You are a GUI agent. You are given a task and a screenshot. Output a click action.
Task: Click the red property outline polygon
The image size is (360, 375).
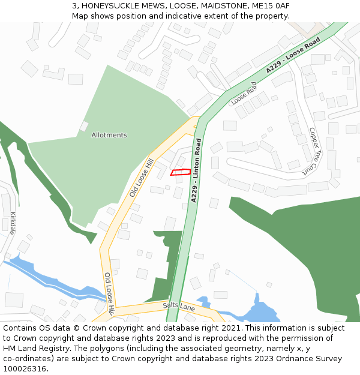pyautogui.click(x=181, y=172)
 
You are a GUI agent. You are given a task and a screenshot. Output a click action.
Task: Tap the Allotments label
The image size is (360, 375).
pyautogui.click(x=109, y=135)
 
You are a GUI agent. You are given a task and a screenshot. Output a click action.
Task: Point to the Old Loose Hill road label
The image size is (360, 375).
pyautogui.click(x=142, y=178)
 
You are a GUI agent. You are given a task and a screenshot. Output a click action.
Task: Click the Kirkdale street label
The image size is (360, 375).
pyautogui.click(x=13, y=223)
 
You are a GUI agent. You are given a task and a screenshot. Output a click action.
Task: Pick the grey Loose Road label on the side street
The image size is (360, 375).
pyautogui.click(x=244, y=94)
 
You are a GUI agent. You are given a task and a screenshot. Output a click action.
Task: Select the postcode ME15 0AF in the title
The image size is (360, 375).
pyautogui.click(x=269, y=6)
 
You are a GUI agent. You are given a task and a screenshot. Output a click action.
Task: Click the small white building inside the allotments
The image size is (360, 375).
pyautogui.click(x=84, y=126)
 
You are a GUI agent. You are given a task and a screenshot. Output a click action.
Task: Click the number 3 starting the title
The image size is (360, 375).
pyautogui.click(x=74, y=6)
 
